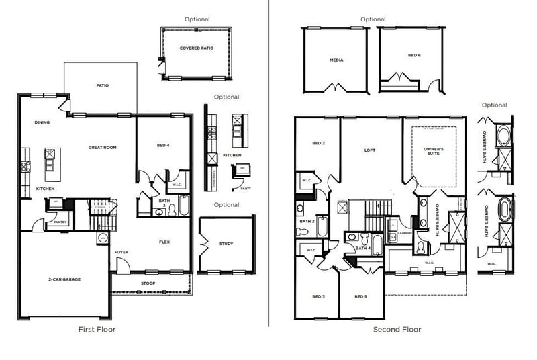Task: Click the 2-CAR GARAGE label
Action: (x=64, y=279)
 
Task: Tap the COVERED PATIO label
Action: (x=197, y=48)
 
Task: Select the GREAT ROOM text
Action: (x=103, y=147)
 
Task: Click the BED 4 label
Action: (x=163, y=145)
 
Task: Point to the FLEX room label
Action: (x=164, y=242)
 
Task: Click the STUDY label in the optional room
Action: (x=226, y=244)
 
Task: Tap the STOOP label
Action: (x=148, y=283)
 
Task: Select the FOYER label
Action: (x=121, y=252)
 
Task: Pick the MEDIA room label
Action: (x=336, y=60)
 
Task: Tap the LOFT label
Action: (x=369, y=150)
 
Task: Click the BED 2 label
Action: (x=318, y=143)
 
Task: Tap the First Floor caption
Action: (x=97, y=329)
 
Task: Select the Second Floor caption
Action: (x=397, y=329)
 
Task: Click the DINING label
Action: (x=42, y=122)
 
